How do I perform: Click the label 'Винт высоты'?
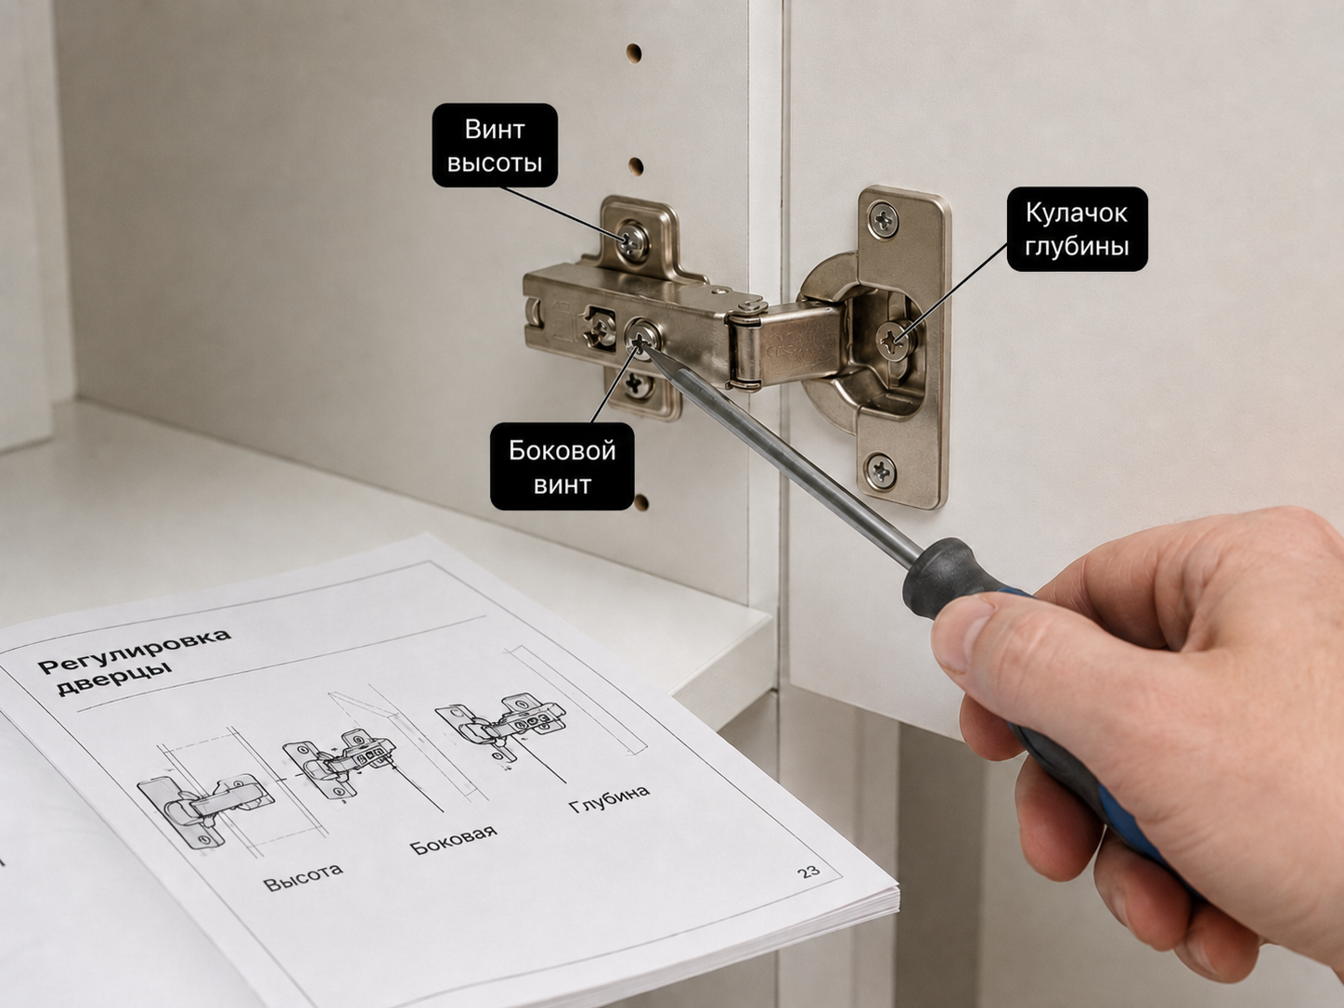[495, 145]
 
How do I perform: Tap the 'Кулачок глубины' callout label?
[1077, 229]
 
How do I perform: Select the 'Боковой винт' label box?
[562, 466]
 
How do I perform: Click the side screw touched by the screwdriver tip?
[641, 337]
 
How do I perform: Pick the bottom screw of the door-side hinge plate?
[881, 470]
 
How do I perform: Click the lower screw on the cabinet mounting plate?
[637, 386]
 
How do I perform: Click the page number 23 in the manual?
[808, 871]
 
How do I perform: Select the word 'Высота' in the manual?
[304, 877]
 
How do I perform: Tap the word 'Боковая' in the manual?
[453, 840]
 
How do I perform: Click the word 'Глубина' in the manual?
[609, 798]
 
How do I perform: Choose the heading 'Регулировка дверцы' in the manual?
[135, 660]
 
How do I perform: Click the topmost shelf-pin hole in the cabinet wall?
[633, 53]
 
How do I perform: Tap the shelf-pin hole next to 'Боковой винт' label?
[641, 503]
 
